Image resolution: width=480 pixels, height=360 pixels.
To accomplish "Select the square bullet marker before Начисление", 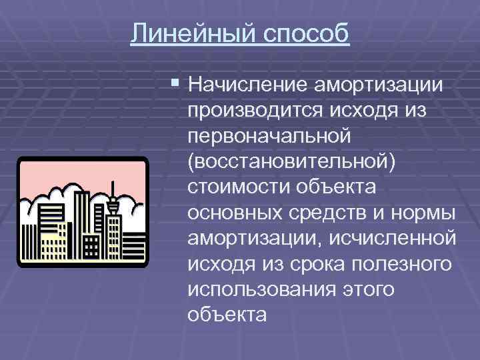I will click(175, 83).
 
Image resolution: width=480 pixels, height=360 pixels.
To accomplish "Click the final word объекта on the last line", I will click(228, 314).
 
